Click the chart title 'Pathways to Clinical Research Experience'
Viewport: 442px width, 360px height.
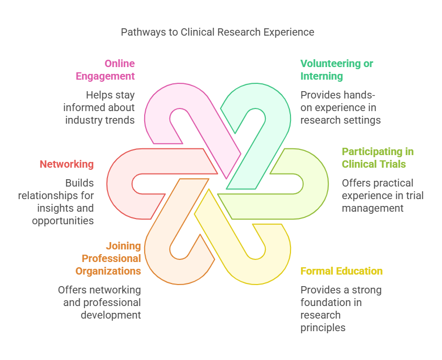tap(218, 32)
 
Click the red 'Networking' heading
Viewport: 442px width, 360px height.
tap(67, 164)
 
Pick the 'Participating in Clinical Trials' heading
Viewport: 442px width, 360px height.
tap(378, 158)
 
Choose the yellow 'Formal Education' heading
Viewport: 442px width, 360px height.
tap(341, 271)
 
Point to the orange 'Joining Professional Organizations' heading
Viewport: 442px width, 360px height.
tap(109, 258)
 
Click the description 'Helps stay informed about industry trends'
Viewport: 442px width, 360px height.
tap(100, 107)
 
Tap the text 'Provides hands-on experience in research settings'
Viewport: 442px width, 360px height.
tap(340, 107)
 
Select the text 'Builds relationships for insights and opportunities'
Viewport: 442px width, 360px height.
tap(57, 202)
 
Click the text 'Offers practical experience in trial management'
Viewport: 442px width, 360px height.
tap(382, 195)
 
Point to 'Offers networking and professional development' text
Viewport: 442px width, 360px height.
tap(100, 302)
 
